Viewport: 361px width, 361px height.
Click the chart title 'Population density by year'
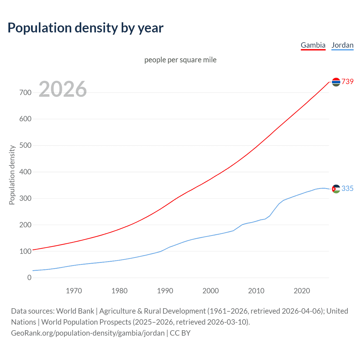tap(85, 28)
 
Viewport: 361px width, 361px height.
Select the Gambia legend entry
tap(313, 45)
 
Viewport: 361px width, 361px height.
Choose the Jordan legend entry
tap(342, 45)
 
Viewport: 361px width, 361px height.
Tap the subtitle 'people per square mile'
tap(180, 60)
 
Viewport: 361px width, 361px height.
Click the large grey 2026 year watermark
tap(63, 89)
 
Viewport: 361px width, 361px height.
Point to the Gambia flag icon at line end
tap(336, 82)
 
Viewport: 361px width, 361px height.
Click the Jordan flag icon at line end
tap(336, 189)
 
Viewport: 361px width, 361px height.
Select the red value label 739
tap(347, 82)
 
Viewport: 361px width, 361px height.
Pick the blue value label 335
tap(347, 188)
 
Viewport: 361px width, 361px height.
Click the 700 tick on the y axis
tap(25, 93)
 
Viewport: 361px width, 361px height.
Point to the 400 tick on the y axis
tap(25, 172)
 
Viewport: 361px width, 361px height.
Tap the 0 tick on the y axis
tap(29, 278)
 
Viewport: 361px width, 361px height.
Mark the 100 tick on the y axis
tap(25, 251)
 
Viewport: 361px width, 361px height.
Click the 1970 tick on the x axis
tap(74, 291)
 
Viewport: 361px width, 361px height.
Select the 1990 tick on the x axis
tap(165, 291)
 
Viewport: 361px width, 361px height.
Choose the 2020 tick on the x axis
tap(302, 291)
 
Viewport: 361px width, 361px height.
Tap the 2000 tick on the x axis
tap(211, 291)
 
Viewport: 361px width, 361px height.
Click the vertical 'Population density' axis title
tap(12, 175)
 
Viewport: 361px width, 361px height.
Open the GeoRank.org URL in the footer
tap(88, 333)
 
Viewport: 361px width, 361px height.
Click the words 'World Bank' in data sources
tap(75, 311)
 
